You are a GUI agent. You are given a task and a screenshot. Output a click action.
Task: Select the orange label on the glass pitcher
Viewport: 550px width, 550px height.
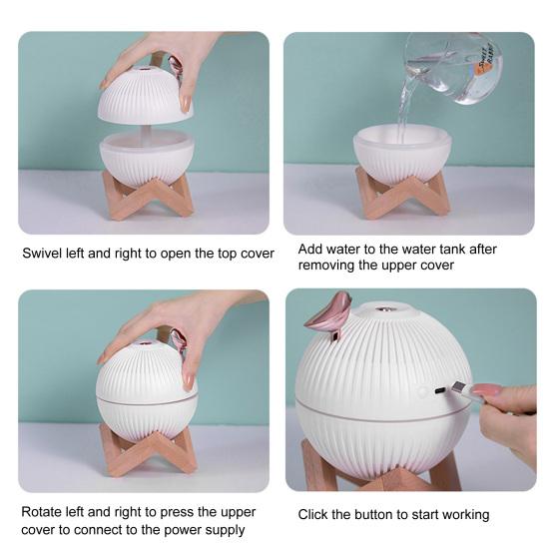click(x=486, y=62)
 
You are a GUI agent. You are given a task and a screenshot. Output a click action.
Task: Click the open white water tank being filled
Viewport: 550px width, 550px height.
click(x=402, y=150)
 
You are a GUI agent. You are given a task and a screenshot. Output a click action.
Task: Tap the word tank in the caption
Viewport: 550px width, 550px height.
click(x=446, y=249)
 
